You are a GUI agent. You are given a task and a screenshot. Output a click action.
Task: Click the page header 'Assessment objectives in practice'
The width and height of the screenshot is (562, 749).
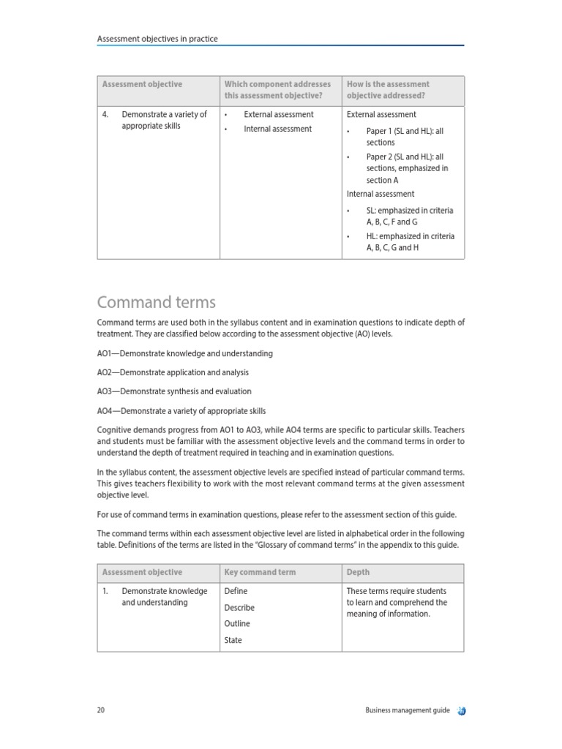point(157,39)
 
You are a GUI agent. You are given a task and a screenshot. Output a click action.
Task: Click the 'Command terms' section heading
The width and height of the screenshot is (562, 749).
point(156,302)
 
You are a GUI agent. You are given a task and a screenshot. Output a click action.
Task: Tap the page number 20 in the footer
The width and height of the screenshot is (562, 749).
point(101,710)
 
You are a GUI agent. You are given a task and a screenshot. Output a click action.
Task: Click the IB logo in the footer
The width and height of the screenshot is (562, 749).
point(461,710)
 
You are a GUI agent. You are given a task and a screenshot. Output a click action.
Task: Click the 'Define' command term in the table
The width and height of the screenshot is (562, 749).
point(236,591)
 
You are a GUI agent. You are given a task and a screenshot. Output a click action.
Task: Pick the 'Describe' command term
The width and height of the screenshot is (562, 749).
point(239,607)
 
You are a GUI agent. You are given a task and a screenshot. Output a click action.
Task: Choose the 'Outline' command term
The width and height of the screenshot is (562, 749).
point(237,624)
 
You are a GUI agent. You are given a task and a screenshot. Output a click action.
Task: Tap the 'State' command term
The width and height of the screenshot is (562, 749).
point(233,640)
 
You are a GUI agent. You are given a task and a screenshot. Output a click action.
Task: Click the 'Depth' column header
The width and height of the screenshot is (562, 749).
point(358,572)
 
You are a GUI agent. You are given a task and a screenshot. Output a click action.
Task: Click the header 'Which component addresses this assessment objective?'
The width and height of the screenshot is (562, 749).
point(277,91)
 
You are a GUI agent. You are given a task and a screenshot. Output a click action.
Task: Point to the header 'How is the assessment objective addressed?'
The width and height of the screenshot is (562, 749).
point(388,91)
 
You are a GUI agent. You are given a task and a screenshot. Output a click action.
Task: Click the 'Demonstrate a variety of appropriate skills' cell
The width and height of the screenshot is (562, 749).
point(164,120)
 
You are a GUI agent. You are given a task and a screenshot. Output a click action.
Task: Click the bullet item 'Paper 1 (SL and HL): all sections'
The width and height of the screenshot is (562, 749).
point(405,137)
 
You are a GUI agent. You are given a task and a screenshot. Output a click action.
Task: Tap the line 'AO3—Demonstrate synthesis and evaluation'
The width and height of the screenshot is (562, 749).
point(173,391)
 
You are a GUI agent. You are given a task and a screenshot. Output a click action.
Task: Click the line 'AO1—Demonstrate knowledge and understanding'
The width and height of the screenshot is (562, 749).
point(184,353)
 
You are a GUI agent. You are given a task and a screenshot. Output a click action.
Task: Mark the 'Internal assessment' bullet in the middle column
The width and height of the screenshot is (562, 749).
point(277,129)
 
